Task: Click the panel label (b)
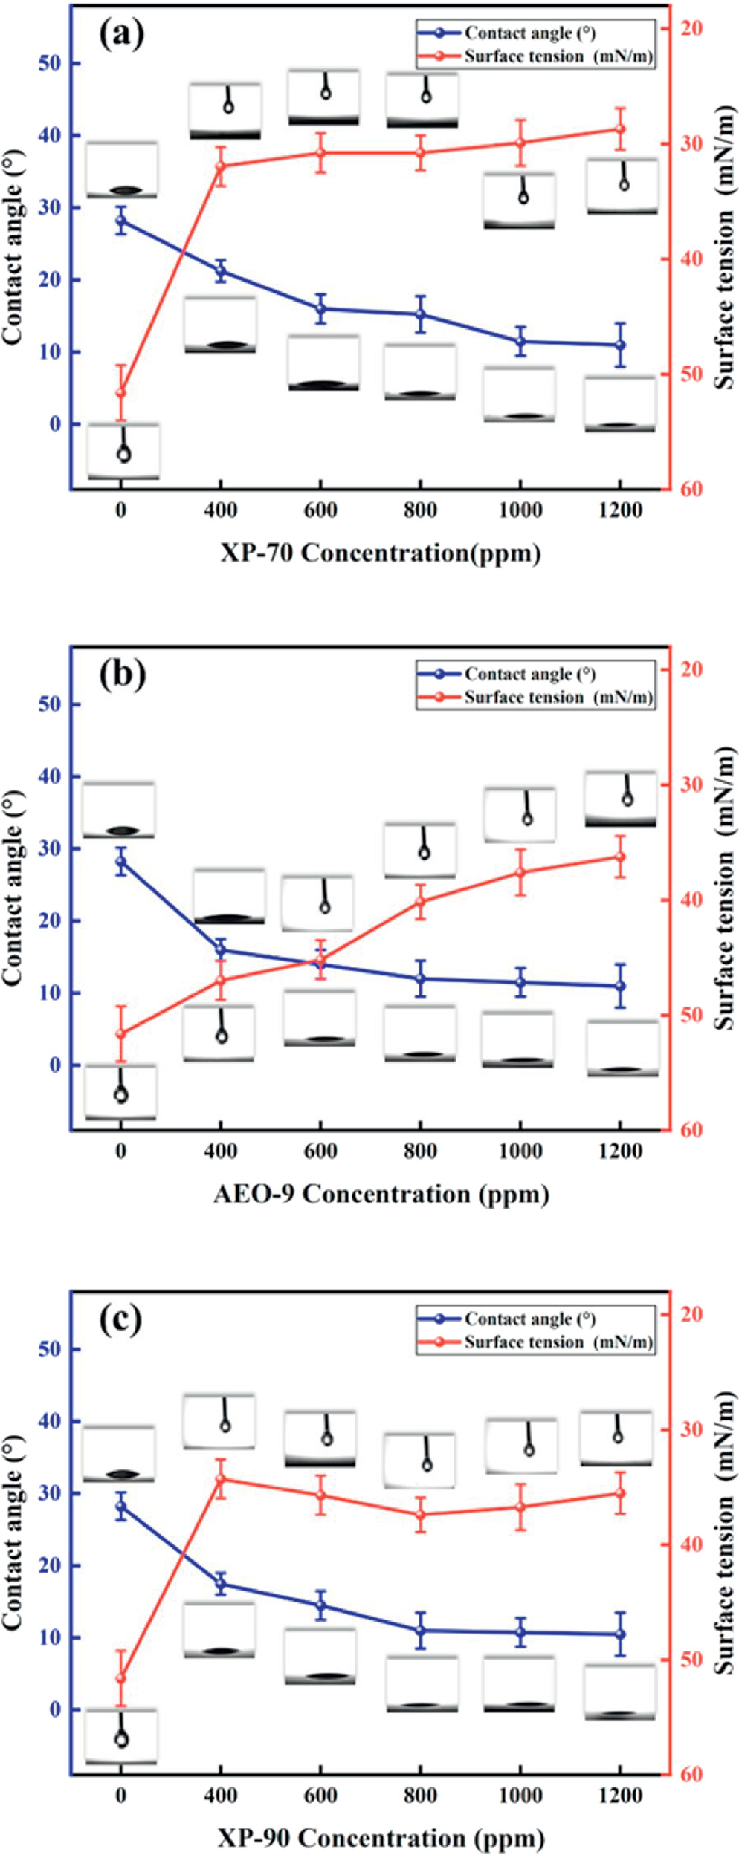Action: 122,674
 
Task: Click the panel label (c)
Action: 120,1319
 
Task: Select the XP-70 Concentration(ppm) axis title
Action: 380,553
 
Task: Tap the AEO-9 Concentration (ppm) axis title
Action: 381,1195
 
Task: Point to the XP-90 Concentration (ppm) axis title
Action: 381,1838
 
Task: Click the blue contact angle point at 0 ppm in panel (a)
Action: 121,221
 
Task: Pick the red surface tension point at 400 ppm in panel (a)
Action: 221,166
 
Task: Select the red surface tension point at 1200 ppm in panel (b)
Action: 619,857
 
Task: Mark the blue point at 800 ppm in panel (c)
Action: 421,1631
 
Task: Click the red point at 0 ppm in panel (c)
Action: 121,1678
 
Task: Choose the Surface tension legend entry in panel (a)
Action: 535,56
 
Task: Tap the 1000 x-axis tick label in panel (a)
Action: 520,510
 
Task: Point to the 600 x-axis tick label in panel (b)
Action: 320,1151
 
